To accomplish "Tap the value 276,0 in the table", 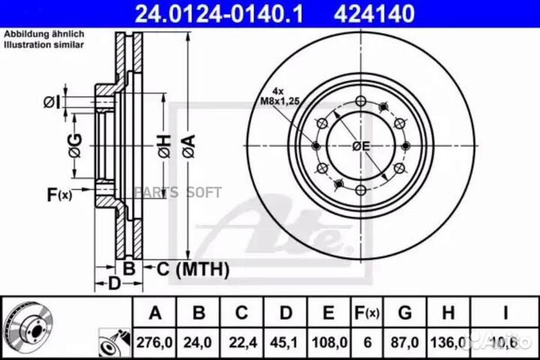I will pyautogui.click(x=154, y=340).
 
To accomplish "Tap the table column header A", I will pyautogui.click(x=154, y=313).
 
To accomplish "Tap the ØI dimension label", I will pyautogui.click(x=51, y=100).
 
